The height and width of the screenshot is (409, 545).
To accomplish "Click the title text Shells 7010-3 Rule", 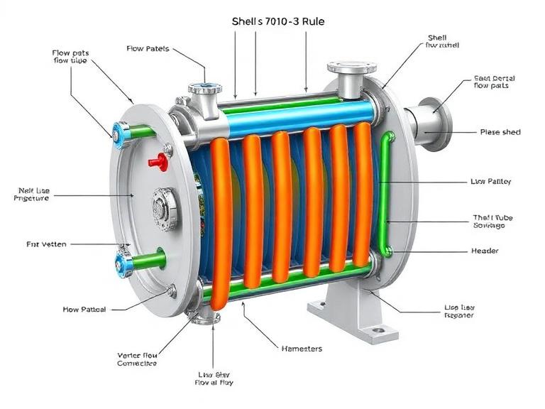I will tap(279, 21).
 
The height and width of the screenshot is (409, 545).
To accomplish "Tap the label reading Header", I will tap(485, 251).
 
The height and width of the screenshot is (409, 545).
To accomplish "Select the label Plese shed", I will tap(500, 132).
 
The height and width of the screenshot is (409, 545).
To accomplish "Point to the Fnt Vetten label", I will tap(46, 244).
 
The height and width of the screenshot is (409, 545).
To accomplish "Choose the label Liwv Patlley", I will tap(490, 182).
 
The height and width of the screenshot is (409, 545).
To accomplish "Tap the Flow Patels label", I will tap(148, 49).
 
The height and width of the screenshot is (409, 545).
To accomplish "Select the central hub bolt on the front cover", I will tap(165, 208).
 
